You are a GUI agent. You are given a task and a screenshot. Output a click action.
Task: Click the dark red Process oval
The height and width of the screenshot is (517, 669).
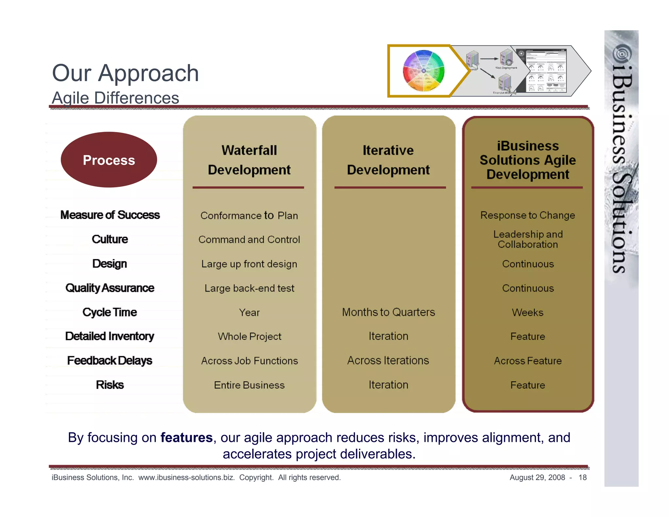(x=109, y=160)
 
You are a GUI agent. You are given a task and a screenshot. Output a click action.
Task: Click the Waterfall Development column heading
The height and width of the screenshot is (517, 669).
(x=249, y=160)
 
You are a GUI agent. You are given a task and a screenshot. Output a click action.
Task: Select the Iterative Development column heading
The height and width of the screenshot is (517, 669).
(x=388, y=160)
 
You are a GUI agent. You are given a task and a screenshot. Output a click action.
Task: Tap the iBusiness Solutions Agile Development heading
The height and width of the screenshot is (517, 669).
(x=528, y=160)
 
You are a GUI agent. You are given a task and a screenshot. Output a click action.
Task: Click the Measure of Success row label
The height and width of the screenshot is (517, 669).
(x=110, y=215)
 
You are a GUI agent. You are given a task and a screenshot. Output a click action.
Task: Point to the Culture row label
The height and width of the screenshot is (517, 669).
(x=110, y=239)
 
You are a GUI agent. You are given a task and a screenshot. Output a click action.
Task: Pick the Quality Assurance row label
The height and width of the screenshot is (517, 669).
(x=110, y=288)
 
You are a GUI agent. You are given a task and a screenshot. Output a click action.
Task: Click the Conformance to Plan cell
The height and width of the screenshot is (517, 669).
(x=249, y=216)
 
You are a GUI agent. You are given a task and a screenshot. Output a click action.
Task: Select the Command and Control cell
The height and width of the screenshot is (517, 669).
(x=249, y=240)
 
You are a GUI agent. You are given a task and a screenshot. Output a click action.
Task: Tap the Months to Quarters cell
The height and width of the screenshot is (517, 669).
(x=388, y=312)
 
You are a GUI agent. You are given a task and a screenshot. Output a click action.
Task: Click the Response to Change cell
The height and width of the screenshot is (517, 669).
(x=528, y=215)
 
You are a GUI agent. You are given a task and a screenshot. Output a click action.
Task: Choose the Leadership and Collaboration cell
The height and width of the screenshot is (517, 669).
(x=528, y=239)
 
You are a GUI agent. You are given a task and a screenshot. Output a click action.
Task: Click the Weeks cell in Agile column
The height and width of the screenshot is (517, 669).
(x=528, y=312)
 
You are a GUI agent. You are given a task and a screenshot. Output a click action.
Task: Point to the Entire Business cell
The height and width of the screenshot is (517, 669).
(x=249, y=385)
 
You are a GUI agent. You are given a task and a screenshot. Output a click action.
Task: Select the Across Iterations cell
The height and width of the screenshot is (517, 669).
(x=388, y=360)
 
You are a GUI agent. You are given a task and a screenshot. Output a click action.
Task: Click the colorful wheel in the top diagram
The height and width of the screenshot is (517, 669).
(x=424, y=71)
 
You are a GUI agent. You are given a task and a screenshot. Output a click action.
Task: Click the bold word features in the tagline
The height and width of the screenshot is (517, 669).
(x=187, y=437)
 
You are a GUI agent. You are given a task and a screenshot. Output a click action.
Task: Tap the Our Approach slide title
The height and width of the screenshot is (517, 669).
(x=125, y=73)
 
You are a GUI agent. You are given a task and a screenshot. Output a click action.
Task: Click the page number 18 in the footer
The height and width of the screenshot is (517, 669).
(x=582, y=477)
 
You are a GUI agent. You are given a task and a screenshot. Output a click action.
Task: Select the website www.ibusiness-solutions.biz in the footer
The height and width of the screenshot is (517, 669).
(x=187, y=477)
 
